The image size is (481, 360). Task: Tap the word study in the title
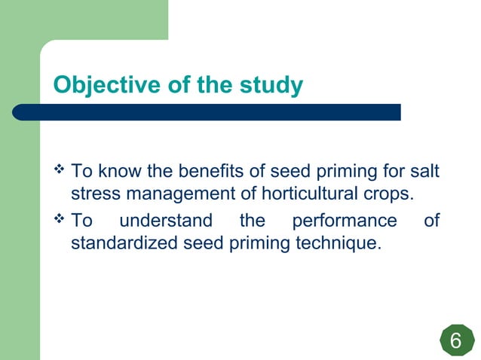pos(269,86)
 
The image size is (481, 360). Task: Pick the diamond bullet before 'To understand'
pos(60,221)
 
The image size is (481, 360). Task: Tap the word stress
pos(94,194)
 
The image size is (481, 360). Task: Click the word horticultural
pos(310,194)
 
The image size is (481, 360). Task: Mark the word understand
pos(166,221)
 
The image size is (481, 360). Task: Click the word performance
pos(344,221)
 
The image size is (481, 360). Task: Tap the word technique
pos(339,244)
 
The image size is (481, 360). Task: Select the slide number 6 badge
pos(455,341)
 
